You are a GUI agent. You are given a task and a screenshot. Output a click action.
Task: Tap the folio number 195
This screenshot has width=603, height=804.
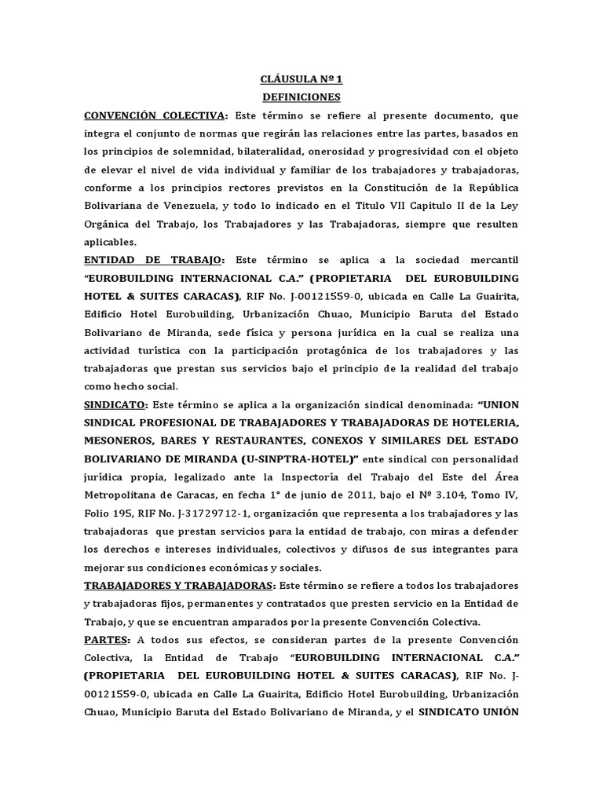(126, 513)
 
